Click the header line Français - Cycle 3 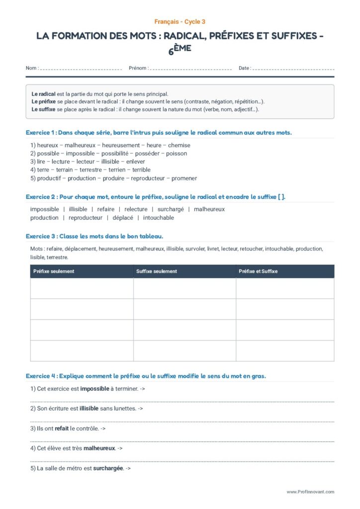pyautogui.click(x=180, y=22)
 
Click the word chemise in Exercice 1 pyautogui.click(x=179, y=145)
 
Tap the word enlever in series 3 pyautogui.click(x=136, y=162)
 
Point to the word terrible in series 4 pyautogui.click(x=141, y=170)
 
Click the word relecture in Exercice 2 pyautogui.click(x=136, y=209)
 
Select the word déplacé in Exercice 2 pyautogui.click(x=123, y=218)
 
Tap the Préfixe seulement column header pyautogui.click(x=54, y=271)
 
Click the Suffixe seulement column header pyautogui.click(x=157, y=271)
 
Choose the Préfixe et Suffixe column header pyautogui.click(x=258, y=271)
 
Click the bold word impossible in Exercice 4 pyautogui.click(x=94, y=389)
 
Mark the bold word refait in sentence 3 pyautogui.click(x=62, y=428)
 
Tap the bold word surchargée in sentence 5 pyautogui.click(x=108, y=468)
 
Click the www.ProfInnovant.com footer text pyautogui.click(x=310, y=492)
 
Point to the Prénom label pyautogui.click(x=138, y=68)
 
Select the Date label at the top pyautogui.click(x=244, y=68)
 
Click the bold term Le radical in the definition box pyautogui.click(x=43, y=93)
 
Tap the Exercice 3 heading pyautogui.click(x=94, y=236)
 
